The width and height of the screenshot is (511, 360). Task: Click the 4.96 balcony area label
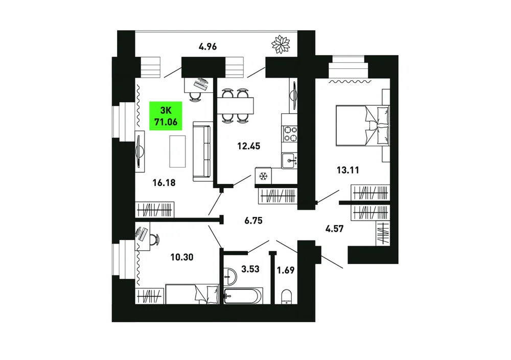pyautogui.click(x=207, y=46)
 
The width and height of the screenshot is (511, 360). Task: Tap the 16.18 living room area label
pyautogui.click(x=164, y=183)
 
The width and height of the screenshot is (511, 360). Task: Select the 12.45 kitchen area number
pyautogui.click(x=249, y=146)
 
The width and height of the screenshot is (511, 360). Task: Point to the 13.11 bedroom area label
pyautogui.click(x=347, y=170)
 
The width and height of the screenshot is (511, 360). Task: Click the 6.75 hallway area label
pyautogui.click(x=253, y=221)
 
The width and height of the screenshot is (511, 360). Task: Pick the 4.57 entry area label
pyautogui.click(x=334, y=229)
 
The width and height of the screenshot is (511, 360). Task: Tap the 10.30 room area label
pyautogui.click(x=182, y=257)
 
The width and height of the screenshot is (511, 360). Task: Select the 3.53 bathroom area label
pyautogui.click(x=250, y=269)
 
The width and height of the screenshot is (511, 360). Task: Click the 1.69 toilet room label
pyautogui.click(x=286, y=270)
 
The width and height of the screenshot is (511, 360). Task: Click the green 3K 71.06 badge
pyautogui.click(x=166, y=116)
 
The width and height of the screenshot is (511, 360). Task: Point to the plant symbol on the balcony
pyautogui.click(x=281, y=44)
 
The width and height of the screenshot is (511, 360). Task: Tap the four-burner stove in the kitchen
pyautogui.click(x=290, y=134)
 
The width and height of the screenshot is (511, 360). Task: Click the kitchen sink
pyautogui.click(x=290, y=160)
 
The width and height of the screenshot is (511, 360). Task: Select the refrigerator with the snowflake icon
pyautogui.click(x=263, y=176)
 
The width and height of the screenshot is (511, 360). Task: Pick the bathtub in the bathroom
pyautogui.click(x=243, y=296)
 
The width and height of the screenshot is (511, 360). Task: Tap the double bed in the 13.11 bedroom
pyautogui.click(x=363, y=125)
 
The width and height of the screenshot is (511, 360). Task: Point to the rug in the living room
pyautogui.click(x=177, y=152)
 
